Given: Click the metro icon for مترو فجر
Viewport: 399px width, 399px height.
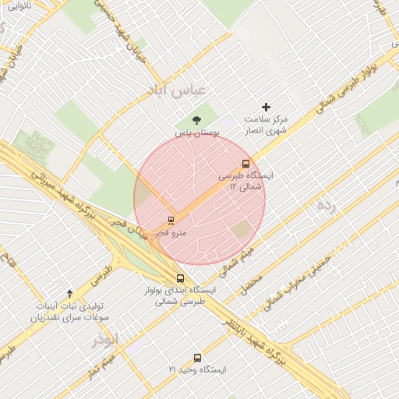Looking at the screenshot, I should coord(171,221).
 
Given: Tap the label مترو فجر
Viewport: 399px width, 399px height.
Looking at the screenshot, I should coord(171,232).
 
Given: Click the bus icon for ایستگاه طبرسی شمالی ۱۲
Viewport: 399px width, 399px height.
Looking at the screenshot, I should coord(246,164).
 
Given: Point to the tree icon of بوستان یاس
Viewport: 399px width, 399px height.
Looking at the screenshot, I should coord(196,119).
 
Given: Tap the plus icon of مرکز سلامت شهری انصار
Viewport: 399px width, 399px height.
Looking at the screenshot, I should coord(267,107).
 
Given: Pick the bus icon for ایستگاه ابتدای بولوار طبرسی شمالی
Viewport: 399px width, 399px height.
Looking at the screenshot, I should coord(181,278).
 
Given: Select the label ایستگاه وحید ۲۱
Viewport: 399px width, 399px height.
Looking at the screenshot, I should coord(197,369).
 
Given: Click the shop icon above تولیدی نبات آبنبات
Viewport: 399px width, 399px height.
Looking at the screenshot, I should coord(70,294).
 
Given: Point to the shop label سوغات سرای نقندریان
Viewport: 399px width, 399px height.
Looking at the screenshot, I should coord(69,318).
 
